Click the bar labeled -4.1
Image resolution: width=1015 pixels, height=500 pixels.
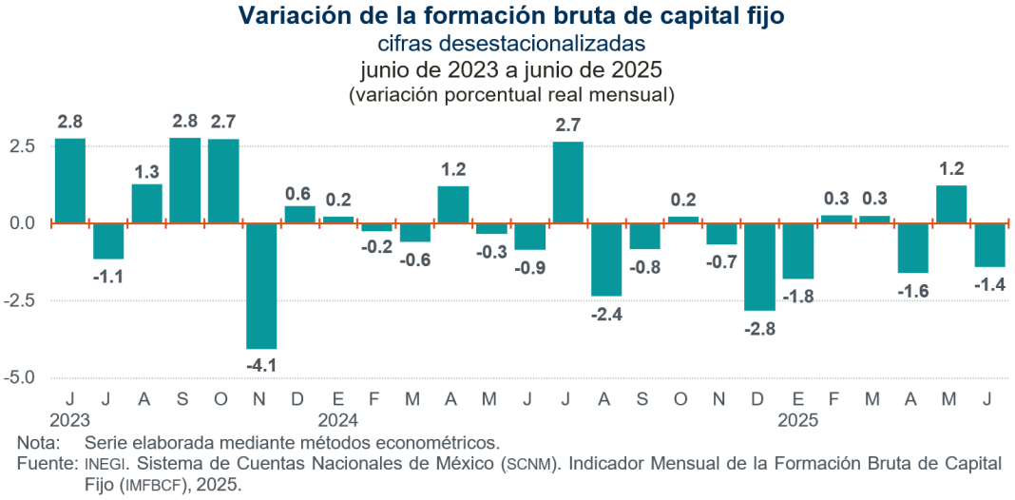coord(261,285)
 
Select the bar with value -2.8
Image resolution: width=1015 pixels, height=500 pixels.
coord(759,266)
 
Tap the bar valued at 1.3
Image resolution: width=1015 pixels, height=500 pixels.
coord(146,203)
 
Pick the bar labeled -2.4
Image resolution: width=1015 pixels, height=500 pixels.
coord(606,260)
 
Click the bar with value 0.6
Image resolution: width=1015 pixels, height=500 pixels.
coord(300,214)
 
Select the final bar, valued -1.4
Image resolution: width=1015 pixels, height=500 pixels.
coord(990,244)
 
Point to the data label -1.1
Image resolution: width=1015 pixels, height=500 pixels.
coord(108,277)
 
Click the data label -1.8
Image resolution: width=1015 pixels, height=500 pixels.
coord(798,298)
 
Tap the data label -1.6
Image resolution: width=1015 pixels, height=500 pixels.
coord(913,291)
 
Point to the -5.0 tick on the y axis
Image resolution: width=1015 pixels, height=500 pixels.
coord(21,377)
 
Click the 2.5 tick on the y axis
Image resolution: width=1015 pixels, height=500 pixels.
coord(24,146)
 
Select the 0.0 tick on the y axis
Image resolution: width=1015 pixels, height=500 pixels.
coord(24,223)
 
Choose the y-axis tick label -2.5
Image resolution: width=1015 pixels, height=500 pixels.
coord(21,300)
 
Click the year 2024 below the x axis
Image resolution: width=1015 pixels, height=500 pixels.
coord(337,419)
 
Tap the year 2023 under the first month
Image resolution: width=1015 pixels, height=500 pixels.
coord(70,419)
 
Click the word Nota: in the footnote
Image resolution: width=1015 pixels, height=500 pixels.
coord(38,443)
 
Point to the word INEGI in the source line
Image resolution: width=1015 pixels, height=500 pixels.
coord(104,464)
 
